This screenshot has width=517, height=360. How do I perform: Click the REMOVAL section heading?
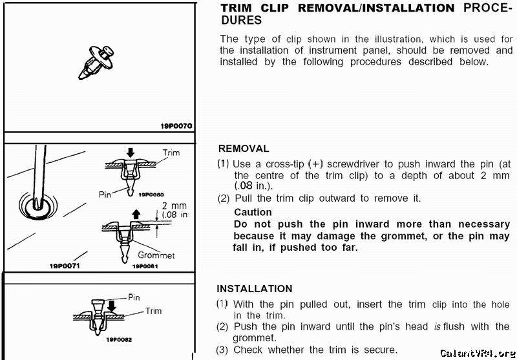(244, 149)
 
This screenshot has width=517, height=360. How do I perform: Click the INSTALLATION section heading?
(255, 289)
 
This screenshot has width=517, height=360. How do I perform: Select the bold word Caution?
(253, 212)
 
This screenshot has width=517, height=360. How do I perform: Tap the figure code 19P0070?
(176, 126)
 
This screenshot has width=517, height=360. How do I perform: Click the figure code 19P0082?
(118, 339)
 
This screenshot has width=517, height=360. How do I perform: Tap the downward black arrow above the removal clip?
(131, 153)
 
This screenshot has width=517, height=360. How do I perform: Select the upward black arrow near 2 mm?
(136, 215)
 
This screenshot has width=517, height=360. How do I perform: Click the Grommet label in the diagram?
(156, 255)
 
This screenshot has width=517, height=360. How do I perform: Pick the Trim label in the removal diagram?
(171, 153)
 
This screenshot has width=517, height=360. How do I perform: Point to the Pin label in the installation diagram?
(134, 298)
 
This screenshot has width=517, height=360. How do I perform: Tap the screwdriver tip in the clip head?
(38, 204)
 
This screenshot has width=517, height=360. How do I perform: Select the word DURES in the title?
(241, 20)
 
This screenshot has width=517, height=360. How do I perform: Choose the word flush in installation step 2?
(454, 326)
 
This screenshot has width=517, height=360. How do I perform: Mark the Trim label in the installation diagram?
(153, 311)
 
